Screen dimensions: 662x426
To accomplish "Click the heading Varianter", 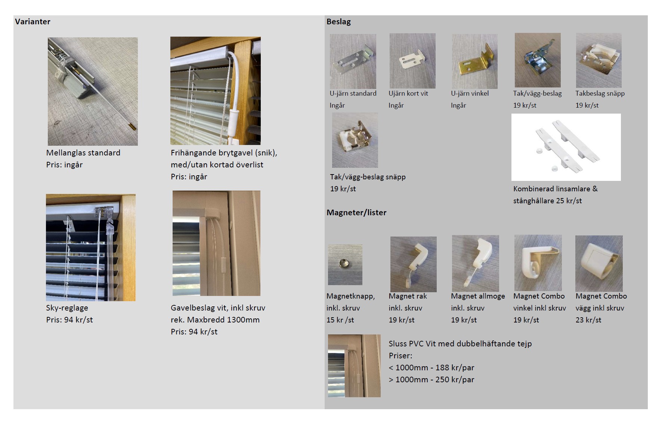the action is click(33, 22).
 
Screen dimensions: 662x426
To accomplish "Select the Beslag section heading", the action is click(338, 22).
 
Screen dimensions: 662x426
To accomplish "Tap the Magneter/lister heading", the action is click(356, 213).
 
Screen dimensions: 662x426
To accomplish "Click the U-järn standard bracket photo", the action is click(353, 61).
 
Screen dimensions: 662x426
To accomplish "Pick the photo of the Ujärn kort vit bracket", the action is click(412, 61).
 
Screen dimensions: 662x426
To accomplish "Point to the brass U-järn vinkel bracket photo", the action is click(474, 61).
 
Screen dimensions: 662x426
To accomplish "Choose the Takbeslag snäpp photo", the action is click(599, 60).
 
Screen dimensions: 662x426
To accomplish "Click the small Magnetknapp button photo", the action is click(345, 265).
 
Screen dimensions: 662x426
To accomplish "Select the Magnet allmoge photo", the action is click(476, 263).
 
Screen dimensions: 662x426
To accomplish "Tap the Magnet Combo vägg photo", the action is click(599, 263).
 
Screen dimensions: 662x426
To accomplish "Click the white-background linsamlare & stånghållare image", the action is click(566, 147).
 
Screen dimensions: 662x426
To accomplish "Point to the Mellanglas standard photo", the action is click(93, 92).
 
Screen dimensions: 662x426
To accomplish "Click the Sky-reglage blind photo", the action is click(91, 248).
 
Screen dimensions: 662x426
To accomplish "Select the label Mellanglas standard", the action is click(83, 153).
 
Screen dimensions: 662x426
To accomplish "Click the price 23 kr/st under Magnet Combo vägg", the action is click(588, 320).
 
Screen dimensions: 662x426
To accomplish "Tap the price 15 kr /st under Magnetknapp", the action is click(340, 320).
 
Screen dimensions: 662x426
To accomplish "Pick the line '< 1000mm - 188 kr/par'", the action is click(431, 368).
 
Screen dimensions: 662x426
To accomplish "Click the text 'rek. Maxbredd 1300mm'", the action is click(215, 320).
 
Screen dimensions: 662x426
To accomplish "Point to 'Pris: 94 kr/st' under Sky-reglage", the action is click(69, 320).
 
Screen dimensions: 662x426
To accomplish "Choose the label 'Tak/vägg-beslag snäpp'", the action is click(368, 177).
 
